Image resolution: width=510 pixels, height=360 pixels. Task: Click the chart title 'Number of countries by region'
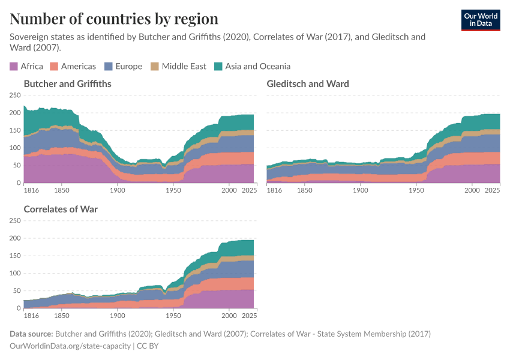pyautogui.click(x=114, y=19)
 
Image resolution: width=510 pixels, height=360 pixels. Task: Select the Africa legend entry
pyautogui.click(x=26, y=67)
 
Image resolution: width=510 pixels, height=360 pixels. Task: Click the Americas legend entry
pyautogui.click(x=73, y=67)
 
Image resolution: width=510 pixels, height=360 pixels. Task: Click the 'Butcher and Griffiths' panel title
pyautogui.click(x=67, y=84)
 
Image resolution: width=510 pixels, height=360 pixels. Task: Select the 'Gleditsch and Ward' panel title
pyautogui.click(x=308, y=84)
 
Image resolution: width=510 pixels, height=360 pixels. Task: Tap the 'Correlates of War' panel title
pyautogui.click(x=61, y=209)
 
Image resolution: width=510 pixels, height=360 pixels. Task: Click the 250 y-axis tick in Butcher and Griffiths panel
pyautogui.click(x=14, y=95)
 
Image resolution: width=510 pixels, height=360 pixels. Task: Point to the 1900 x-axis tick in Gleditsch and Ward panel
pyautogui.click(x=360, y=190)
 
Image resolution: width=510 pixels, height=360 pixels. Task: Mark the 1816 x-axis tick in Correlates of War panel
pyautogui.click(x=32, y=316)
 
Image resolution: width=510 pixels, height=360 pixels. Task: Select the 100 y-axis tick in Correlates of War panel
pyautogui.click(x=14, y=273)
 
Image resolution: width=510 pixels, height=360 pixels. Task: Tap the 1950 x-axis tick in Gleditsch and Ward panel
pyautogui.click(x=416, y=190)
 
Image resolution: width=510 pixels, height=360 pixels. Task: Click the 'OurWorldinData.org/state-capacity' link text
pyautogui.click(x=71, y=346)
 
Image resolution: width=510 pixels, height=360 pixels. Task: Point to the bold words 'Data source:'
pyautogui.click(x=31, y=334)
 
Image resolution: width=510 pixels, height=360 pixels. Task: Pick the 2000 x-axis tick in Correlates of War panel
pyautogui.click(x=229, y=316)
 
